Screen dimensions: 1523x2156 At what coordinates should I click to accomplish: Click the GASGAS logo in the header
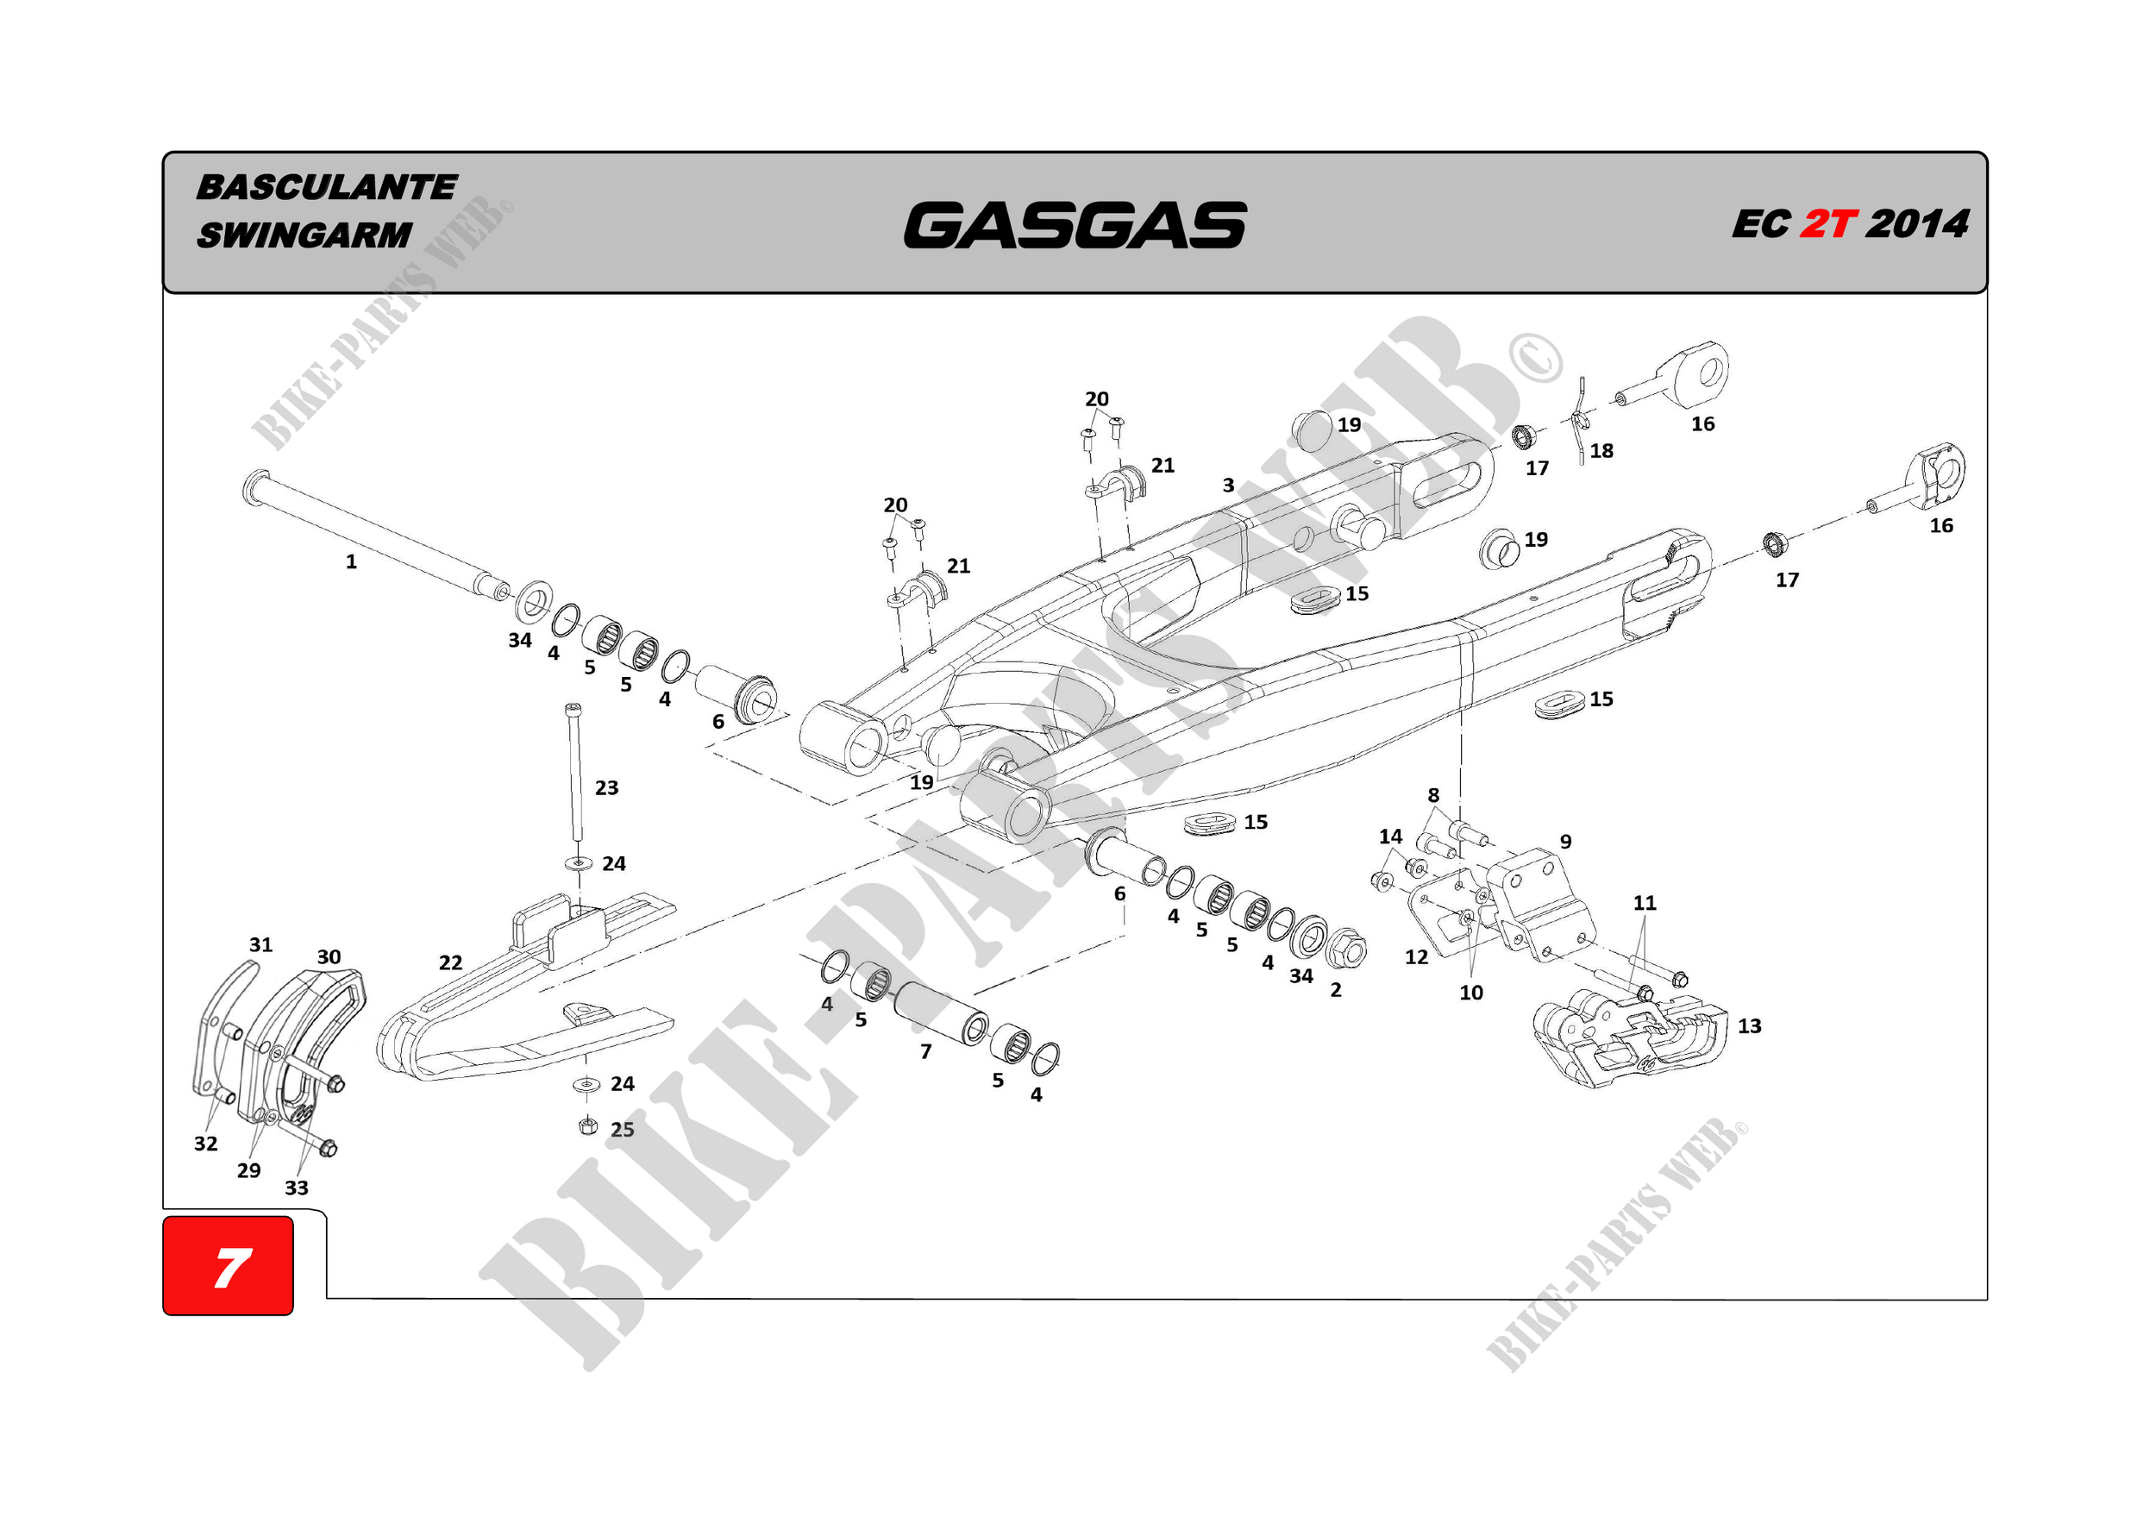(x=1075, y=225)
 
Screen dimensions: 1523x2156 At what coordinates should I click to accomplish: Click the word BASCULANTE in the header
(x=327, y=187)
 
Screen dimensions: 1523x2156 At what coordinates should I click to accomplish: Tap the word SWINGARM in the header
(x=304, y=235)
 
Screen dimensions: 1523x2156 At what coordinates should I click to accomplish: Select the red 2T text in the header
(x=1827, y=223)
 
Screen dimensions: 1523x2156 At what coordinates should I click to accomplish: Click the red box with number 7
(x=229, y=1266)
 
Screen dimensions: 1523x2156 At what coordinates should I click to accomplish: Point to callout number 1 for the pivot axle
(x=351, y=561)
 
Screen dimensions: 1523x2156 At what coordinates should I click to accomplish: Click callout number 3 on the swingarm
(x=1228, y=486)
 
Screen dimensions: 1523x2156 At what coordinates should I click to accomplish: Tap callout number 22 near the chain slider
(x=451, y=962)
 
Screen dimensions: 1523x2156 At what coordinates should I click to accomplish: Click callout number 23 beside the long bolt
(x=606, y=787)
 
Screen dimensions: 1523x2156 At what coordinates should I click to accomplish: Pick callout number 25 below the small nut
(x=623, y=1130)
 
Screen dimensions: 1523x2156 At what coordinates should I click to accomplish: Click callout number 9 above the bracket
(x=1565, y=842)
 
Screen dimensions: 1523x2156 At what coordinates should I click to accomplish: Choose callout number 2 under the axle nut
(x=1336, y=990)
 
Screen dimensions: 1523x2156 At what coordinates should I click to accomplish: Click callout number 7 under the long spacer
(x=926, y=1051)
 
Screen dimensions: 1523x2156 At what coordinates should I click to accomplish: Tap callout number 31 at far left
(x=261, y=944)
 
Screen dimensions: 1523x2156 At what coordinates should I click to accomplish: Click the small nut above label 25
(x=588, y=1125)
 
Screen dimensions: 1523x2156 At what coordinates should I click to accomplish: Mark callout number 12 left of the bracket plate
(x=1416, y=956)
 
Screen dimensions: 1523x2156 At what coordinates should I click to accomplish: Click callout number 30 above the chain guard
(x=329, y=956)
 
